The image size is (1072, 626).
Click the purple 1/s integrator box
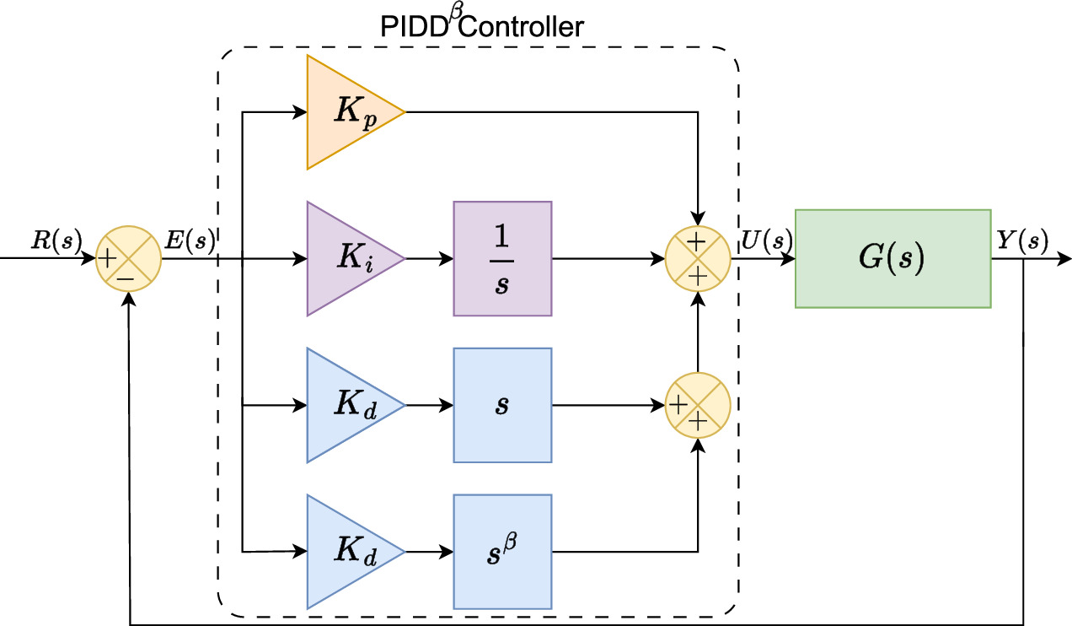point(502,258)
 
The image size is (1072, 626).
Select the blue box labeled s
point(502,405)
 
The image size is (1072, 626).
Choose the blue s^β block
point(502,552)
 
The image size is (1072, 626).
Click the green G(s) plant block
point(892,258)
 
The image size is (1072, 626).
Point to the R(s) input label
point(56,241)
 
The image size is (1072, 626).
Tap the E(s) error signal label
point(190,241)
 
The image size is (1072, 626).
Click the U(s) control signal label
point(765,241)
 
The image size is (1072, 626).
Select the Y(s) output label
point(1022,241)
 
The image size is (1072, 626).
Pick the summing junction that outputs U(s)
point(698,258)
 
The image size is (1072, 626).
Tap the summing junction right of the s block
point(698,405)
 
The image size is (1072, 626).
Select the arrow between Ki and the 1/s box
point(429,258)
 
